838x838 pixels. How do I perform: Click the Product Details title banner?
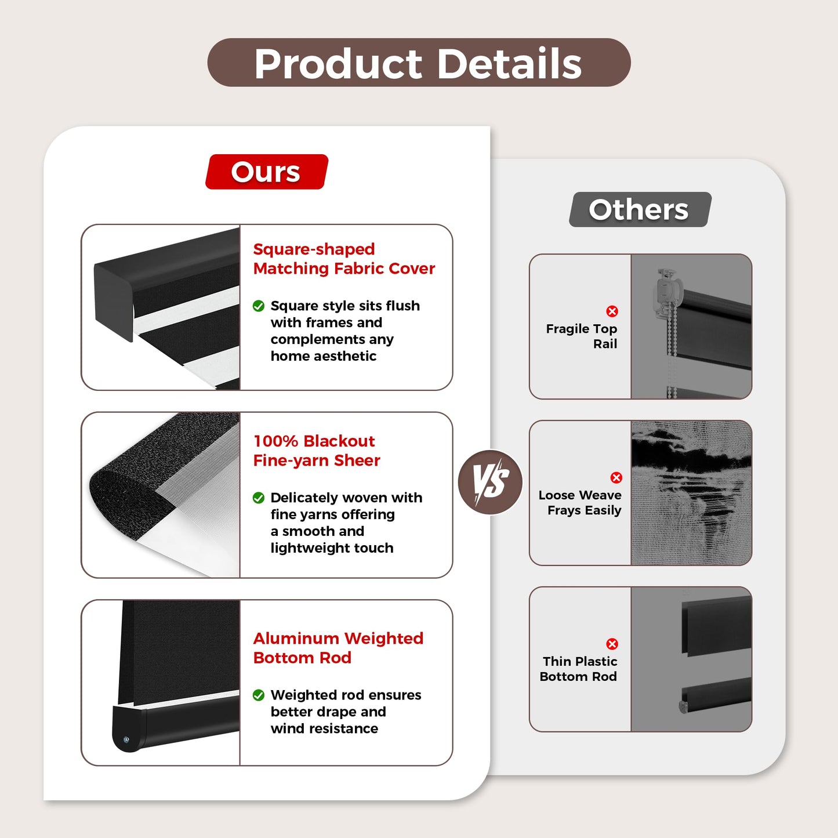[x=419, y=63]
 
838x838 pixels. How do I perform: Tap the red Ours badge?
[x=267, y=172]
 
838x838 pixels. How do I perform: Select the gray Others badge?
[x=640, y=209]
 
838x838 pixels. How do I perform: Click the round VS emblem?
[x=491, y=482]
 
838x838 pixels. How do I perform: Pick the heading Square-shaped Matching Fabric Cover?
[x=344, y=259]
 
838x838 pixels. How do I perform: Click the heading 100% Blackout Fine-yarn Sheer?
[x=317, y=451]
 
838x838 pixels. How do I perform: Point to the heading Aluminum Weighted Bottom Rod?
[x=338, y=648]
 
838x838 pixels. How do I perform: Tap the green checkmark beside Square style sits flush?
[x=258, y=306]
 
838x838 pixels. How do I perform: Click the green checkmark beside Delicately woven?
[x=258, y=498]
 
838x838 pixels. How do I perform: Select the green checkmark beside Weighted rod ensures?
[x=258, y=695]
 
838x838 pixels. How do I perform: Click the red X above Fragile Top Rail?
[x=612, y=311]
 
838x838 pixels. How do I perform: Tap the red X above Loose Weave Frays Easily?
[x=616, y=477]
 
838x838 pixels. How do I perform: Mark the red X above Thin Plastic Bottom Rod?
[x=612, y=644]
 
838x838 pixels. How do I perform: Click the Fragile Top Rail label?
[x=582, y=336]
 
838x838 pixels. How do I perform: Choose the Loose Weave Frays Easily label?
[x=580, y=502]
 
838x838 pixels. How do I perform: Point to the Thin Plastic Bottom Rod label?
[x=578, y=669]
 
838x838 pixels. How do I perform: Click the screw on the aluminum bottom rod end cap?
[x=126, y=739]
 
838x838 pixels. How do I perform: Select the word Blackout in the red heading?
[x=339, y=441]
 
